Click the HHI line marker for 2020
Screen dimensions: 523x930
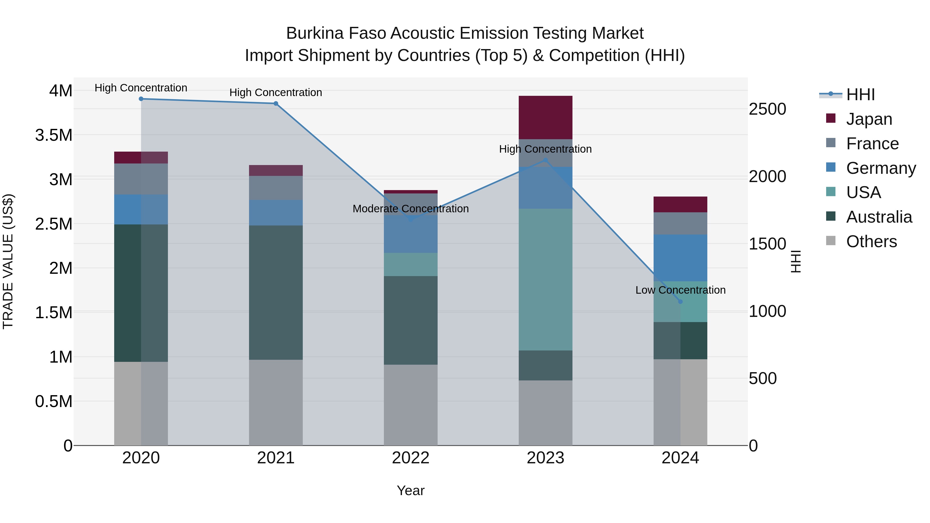141,99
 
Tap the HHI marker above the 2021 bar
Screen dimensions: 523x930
276,104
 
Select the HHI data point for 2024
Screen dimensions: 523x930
680,302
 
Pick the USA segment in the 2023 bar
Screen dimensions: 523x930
546,279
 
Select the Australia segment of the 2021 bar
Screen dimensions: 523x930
276,292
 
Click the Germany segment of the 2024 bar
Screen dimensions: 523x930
680,258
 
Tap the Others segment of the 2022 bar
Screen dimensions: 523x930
410,405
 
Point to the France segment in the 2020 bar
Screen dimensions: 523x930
141,179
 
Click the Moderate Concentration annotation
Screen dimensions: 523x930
410,209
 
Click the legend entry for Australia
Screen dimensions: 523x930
879,217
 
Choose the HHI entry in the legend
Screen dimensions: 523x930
860,95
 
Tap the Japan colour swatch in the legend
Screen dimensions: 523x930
831,118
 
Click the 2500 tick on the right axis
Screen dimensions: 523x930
768,109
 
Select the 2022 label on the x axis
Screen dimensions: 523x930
410,458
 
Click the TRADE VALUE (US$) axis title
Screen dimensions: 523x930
8,261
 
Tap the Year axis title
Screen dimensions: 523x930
410,490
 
